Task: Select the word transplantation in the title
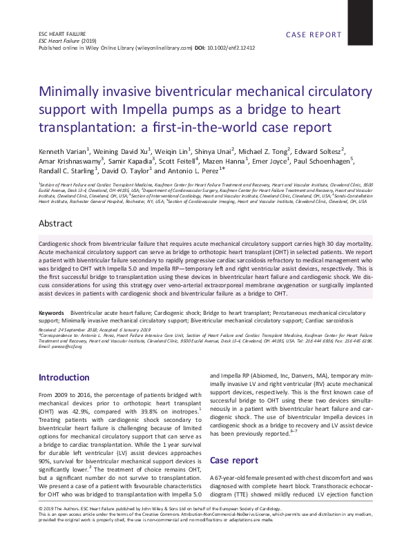point(84,128)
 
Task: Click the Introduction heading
point(64,378)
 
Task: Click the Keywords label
point(52,313)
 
